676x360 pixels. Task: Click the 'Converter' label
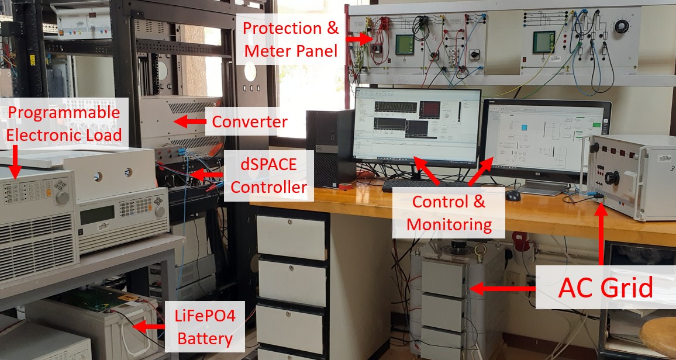tap(250, 122)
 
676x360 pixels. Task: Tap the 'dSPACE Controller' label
tap(268, 176)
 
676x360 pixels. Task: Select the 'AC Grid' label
tap(605, 288)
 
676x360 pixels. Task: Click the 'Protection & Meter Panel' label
tap(291, 39)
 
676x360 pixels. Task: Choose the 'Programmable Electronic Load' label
tap(64, 124)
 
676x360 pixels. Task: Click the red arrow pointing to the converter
tap(191, 122)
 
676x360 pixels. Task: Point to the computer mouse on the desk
tap(513, 196)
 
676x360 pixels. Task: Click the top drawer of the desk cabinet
tap(291, 237)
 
